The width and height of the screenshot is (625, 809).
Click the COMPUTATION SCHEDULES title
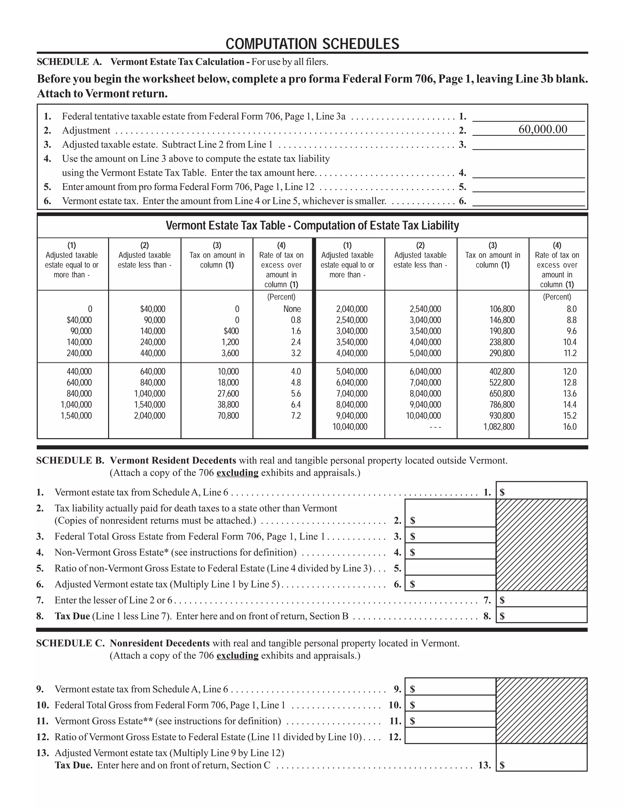pos(312,44)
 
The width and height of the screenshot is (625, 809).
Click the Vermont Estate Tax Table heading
pos(312,225)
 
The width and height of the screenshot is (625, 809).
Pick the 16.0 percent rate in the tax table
pos(569,427)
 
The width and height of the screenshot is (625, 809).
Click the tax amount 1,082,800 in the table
pos(499,427)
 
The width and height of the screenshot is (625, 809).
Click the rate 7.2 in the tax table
pos(295,415)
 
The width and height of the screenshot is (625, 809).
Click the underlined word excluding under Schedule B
pos(237,473)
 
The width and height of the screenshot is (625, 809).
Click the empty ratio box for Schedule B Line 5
pos(450,568)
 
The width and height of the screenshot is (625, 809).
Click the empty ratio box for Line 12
pos(450,736)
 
